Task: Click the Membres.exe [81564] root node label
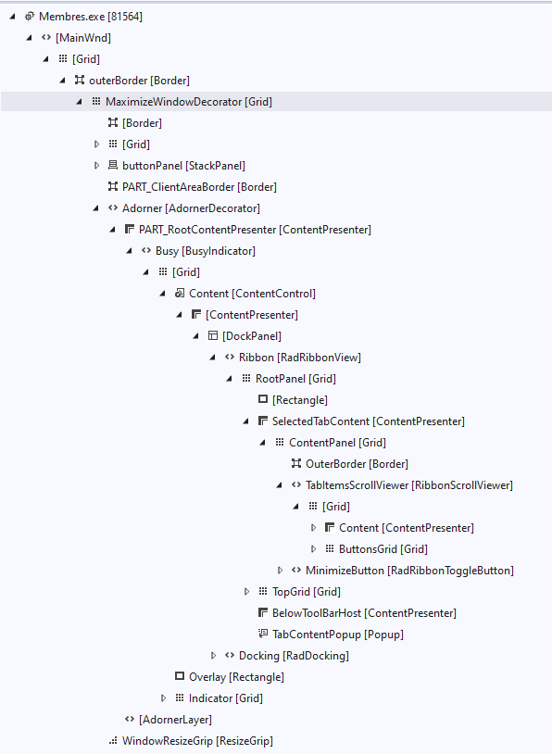91,17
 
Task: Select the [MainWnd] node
83,38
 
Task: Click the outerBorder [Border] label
139,81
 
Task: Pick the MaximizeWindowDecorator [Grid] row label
189,102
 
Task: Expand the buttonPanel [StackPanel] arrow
96,166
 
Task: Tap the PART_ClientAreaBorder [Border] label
199,187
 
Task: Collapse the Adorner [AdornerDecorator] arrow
95,208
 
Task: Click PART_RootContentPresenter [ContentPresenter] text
255,230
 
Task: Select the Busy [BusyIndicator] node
206,251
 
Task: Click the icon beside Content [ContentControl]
180,294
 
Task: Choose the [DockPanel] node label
252,336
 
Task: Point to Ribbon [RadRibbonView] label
299,358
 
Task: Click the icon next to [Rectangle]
263,399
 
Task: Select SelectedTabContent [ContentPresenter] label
369,421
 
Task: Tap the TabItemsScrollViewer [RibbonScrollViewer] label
408,485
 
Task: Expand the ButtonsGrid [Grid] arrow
313,549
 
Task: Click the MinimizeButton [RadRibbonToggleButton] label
409,571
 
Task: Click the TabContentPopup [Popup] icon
263,634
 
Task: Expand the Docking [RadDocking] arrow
214,656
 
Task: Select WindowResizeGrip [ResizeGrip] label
197,741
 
